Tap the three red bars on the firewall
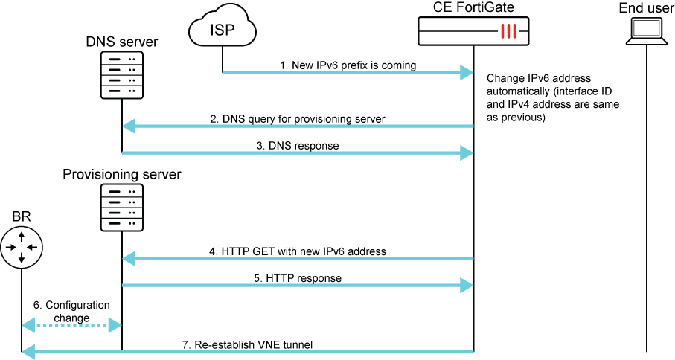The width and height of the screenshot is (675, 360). [x=508, y=31]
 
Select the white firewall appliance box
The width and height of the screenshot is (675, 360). [x=473, y=31]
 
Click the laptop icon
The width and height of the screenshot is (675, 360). [x=646, y=30]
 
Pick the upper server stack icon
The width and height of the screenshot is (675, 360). [x=121, y=75]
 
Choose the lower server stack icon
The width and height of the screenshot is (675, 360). [x=121, y=208]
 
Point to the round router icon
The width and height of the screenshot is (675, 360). [x=22, y=247]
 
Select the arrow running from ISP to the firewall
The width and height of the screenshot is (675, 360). [x=342, y=72]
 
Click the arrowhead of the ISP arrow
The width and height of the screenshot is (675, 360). [x=467, y=72]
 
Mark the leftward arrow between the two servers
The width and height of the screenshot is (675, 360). [x=298, y=126]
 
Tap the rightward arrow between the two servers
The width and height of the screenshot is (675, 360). [x=298, y=152]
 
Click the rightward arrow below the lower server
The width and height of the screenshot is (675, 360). [x=298, y=285]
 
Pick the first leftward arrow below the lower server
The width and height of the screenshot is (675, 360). [x=298, y=259]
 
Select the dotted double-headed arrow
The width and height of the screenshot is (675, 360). [x=71, y=325]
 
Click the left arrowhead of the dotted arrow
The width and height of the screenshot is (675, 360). [x=28, y=325]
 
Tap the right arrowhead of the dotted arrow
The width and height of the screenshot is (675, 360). [x=115, y=325]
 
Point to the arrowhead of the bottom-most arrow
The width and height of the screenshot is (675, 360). [x=28, y=351]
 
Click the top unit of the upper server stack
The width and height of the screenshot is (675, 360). [x=121, y=58]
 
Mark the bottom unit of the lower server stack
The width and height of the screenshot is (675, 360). [x=121, y=224]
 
